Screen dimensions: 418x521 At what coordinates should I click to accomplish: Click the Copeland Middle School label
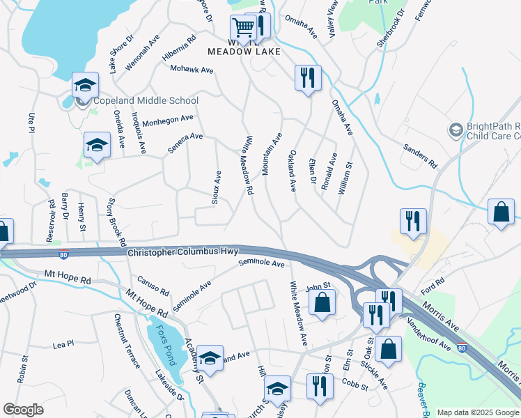(x=146, y=101)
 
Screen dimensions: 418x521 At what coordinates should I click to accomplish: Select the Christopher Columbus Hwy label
(x=183, y=251)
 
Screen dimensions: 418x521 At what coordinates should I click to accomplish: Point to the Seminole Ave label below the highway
(x=262, y=264)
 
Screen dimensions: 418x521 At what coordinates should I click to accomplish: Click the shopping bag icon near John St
(x=322, y=303)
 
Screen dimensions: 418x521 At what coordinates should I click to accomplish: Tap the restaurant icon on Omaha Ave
(x=307, y=77)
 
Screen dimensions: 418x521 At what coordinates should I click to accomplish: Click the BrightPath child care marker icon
(x=456, y=130)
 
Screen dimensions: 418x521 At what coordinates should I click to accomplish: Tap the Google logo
(x=23, y=410)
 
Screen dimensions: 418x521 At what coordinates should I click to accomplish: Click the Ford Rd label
(x=428, y=284)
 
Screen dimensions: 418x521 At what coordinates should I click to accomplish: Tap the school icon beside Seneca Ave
(x=96, y=146)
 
